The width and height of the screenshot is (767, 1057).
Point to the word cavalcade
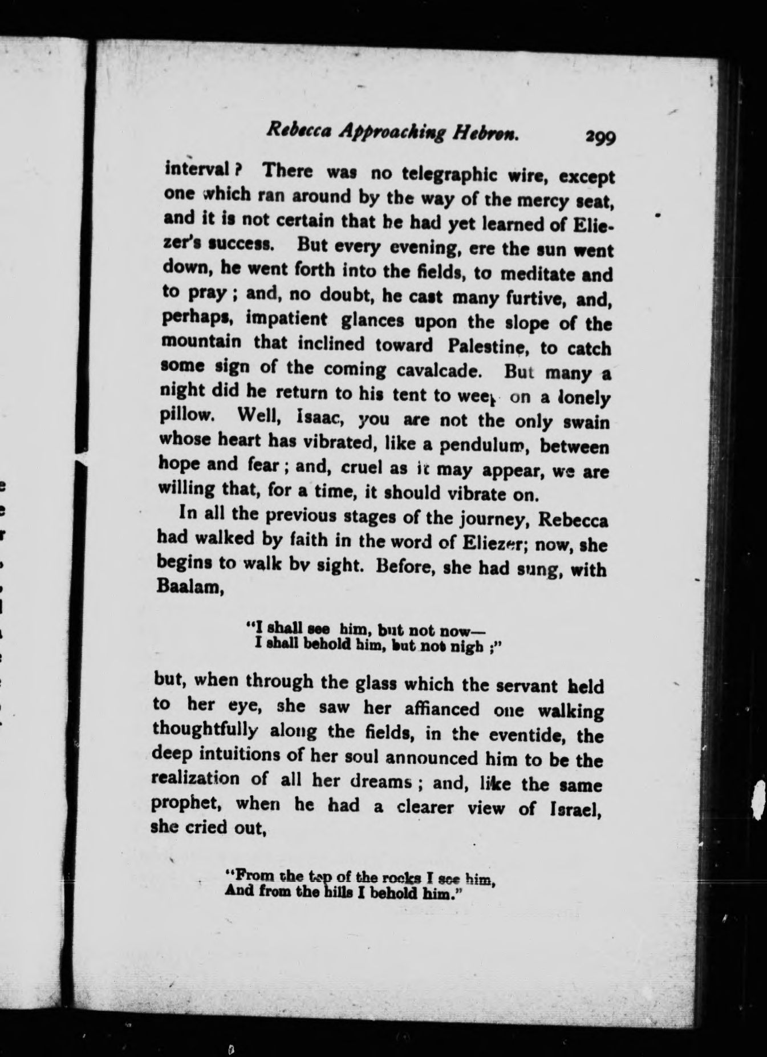433,371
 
